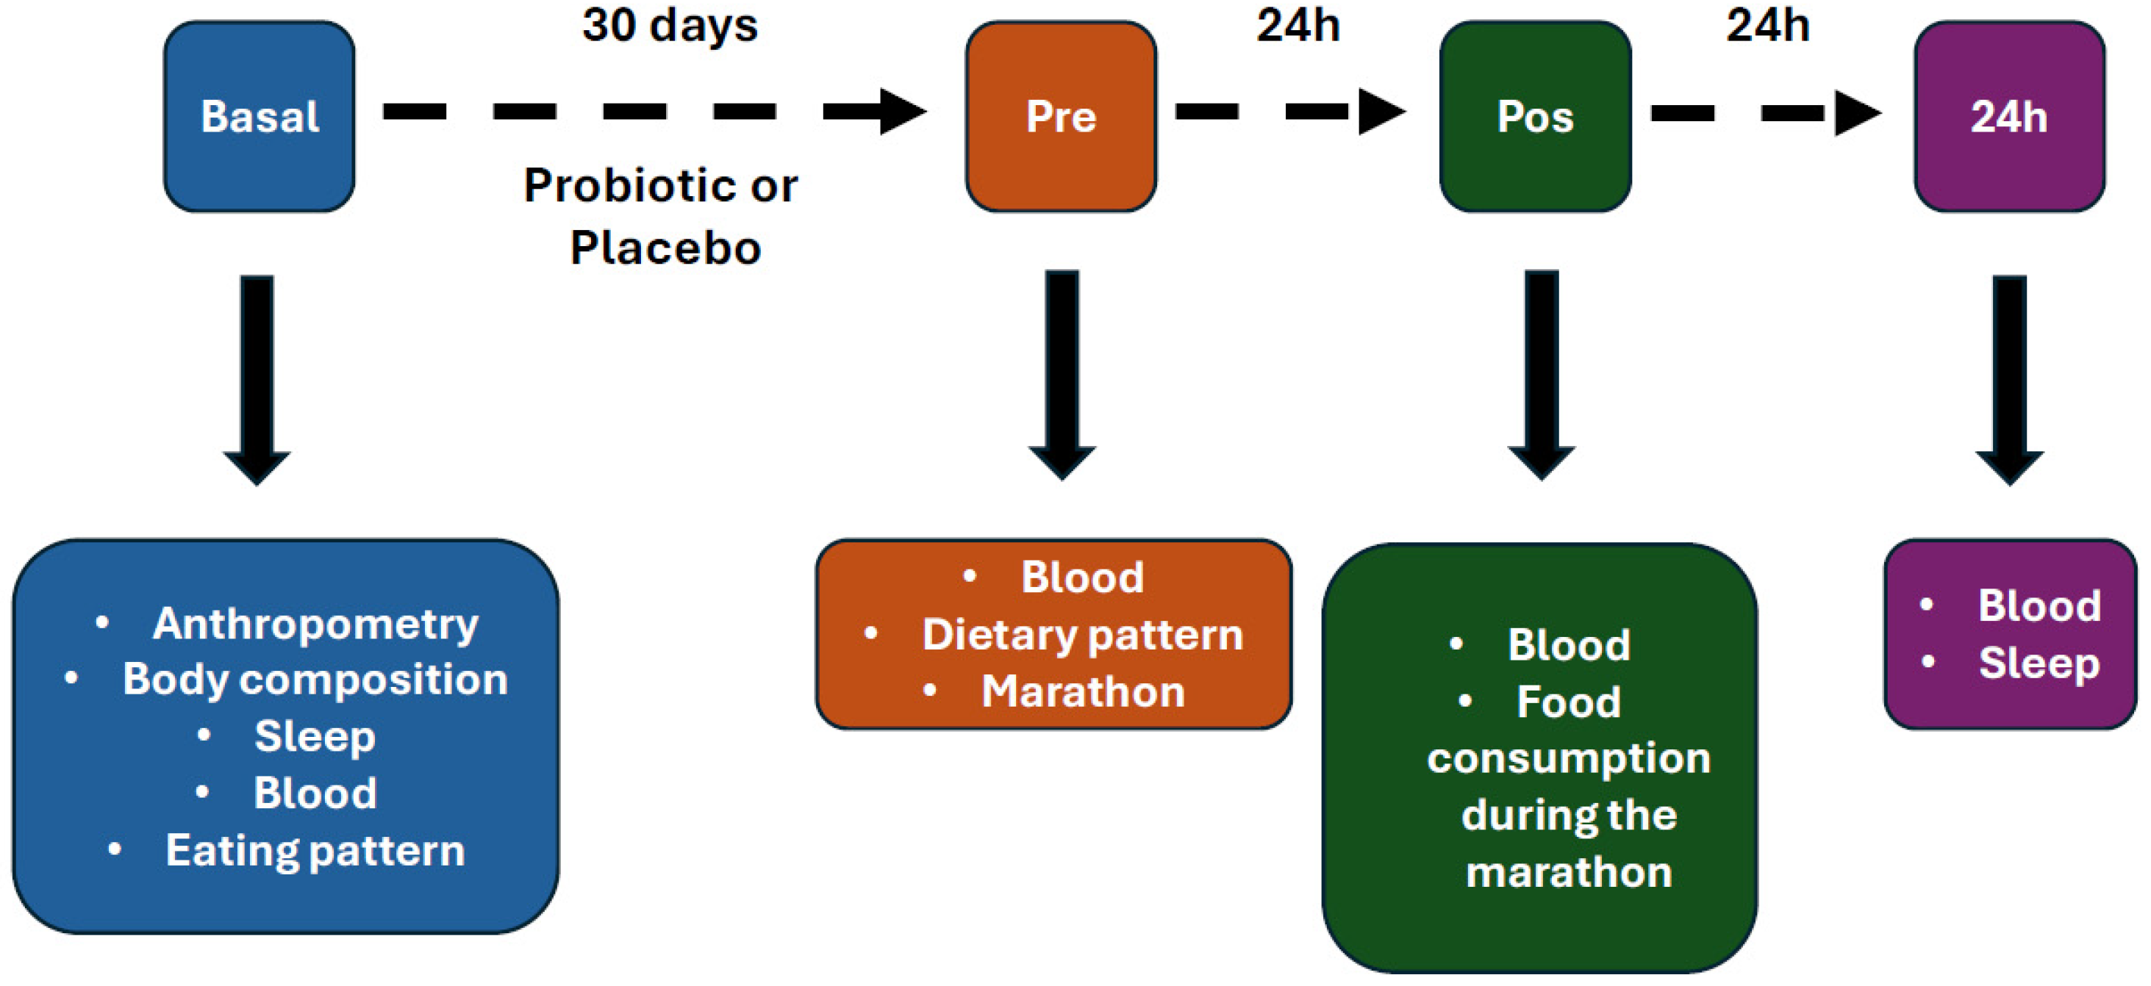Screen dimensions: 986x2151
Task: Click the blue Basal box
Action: [259, 116]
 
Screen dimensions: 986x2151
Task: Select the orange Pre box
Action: [1061, 116]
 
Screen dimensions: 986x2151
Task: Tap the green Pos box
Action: [1535, 116]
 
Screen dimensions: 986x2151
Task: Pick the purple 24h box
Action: [2008, 116]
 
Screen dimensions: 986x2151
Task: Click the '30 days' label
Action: [670, 25]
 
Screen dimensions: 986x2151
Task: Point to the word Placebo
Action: [665, 248]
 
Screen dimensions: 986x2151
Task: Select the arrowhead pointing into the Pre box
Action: [902, 111]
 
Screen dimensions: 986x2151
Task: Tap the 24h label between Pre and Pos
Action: [1298, 25]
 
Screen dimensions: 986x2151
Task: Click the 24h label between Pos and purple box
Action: [1768, 25]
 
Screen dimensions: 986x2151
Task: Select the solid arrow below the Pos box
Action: [1541, 375]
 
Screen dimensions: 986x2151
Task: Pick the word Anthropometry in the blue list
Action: [315, 624]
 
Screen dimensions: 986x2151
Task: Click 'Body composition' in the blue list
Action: [315, 679]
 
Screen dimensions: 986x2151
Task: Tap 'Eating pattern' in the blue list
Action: [315, 851]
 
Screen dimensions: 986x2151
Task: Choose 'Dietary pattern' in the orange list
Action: [1082, 635]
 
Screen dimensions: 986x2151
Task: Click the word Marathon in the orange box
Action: [1082, 691]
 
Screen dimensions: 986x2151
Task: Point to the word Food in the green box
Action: [1568, 702]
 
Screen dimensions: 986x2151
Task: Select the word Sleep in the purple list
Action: [2039, 663]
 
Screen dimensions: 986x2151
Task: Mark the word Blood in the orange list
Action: [1082, 577]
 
